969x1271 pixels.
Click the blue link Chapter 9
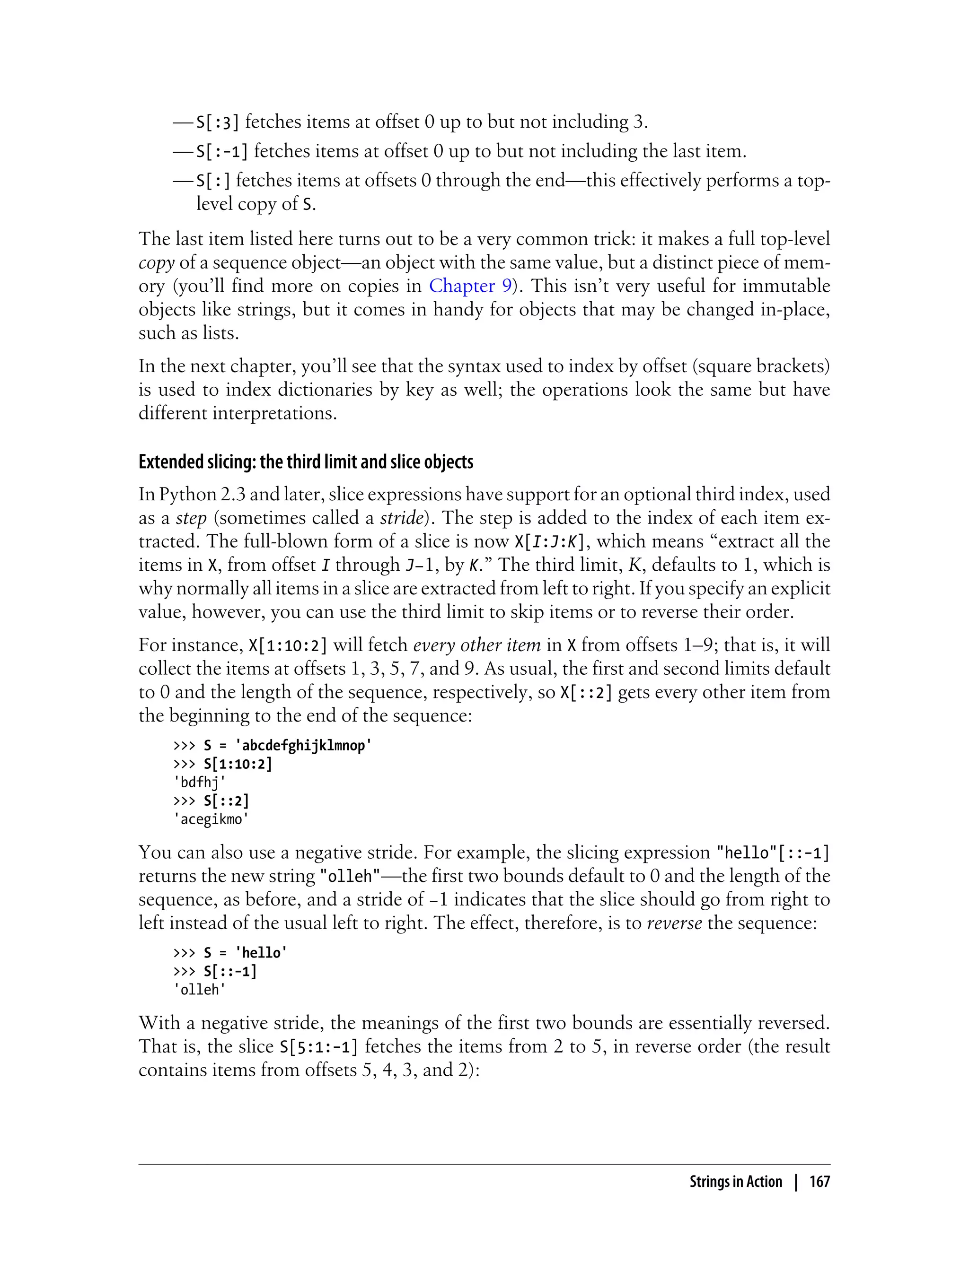[x=470, y=286]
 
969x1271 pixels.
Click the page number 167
[x=819, y=1182]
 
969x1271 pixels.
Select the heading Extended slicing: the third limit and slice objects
[x=306, y=461]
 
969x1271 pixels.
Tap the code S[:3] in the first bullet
[x=218, y=122]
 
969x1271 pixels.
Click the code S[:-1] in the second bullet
[x=222, y=152]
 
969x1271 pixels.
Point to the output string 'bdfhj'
[x=200, y=782]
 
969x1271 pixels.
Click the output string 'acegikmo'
[x=211, y=819]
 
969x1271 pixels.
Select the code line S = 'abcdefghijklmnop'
[x=287, y=745]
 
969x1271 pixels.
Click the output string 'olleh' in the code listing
[x=200, y=990]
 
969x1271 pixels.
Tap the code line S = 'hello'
[x=245, y=953]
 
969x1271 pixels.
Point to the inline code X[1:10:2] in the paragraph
[x=287, y=645]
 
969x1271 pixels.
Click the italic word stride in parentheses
[x=401, y=518]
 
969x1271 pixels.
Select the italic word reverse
[x=674, y=923]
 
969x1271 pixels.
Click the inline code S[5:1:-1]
[x=318, y=1047]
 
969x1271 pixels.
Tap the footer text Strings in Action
[x=735, y=1182]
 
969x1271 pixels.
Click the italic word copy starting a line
[x=156, y=263]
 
